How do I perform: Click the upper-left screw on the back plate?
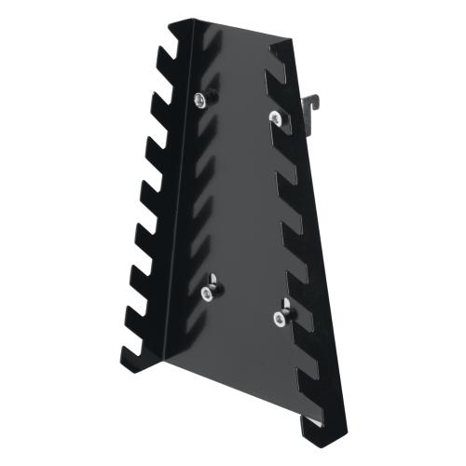pyautogui.click(x=201, y=99)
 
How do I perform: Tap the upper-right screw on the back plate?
pyautogui.click(x=274, y=116)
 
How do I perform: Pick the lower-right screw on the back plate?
pyautogui.click(x=279, y=317)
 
